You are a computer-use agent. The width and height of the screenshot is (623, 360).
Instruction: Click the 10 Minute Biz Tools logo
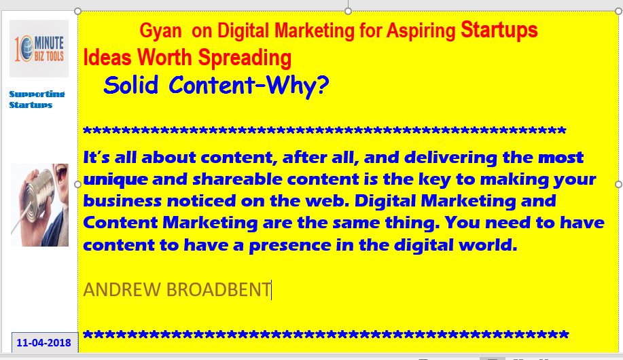[39, 48]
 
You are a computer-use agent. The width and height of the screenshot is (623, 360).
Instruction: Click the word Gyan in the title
[160, 31]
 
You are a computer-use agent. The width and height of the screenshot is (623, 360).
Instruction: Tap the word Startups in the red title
[499, 30]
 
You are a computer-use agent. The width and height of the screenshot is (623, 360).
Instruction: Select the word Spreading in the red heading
[245, 58]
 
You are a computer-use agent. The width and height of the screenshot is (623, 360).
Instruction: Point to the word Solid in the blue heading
[130, 85]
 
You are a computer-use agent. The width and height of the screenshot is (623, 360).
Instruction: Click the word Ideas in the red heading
[107, 58]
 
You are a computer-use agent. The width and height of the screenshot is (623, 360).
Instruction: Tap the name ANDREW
[122, 289]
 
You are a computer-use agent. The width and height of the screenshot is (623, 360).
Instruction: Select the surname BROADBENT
[219, 289]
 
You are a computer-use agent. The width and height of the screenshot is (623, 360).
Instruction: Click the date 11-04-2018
[43, 342]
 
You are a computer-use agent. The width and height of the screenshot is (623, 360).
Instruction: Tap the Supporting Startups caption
[37, 99]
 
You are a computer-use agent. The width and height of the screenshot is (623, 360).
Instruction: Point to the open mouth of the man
[62, 172]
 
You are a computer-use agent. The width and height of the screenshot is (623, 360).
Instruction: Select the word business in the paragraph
[122, 200]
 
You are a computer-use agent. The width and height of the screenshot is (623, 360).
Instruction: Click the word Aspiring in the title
[421, 32]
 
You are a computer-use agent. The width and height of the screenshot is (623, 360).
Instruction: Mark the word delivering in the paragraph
[450, 158]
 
